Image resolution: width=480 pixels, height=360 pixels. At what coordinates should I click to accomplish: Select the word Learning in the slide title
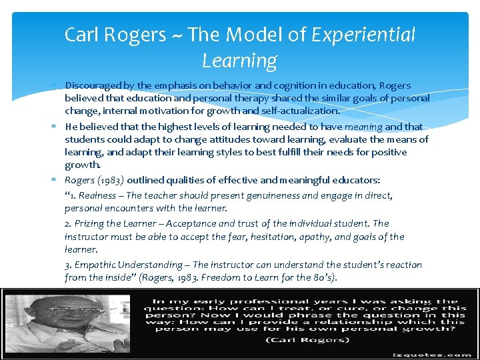click(x=239, y=61)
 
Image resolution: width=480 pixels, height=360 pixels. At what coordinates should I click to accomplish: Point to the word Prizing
click(x=90, y=223)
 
